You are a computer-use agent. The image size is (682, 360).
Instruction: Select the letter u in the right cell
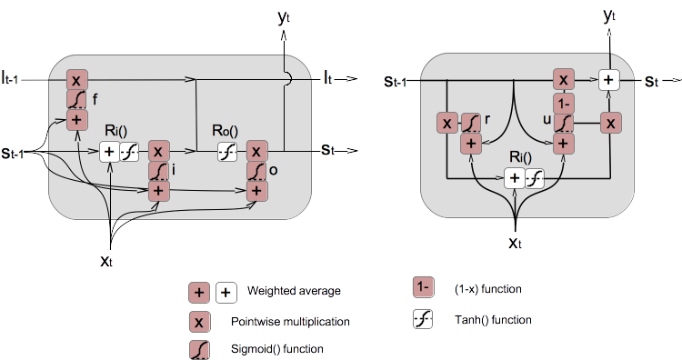(546, 119)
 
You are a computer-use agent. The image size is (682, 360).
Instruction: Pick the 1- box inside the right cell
(564, 102)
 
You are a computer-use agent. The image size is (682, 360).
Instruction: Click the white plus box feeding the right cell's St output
(609, 81)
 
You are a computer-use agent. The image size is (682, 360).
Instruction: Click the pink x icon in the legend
(199, 321)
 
